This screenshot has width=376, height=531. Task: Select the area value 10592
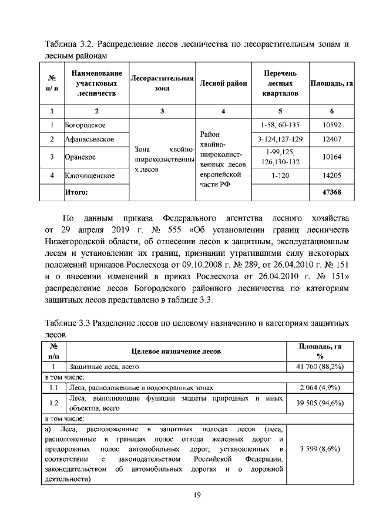332,125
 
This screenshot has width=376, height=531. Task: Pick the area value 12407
332,139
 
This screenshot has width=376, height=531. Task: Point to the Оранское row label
80,157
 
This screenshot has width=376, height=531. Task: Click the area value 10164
332,157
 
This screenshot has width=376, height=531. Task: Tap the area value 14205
332,175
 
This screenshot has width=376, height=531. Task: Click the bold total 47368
332,192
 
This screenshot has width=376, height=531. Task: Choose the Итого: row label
76,192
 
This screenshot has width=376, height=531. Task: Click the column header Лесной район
223,83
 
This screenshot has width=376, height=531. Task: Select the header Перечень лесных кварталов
280,83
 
